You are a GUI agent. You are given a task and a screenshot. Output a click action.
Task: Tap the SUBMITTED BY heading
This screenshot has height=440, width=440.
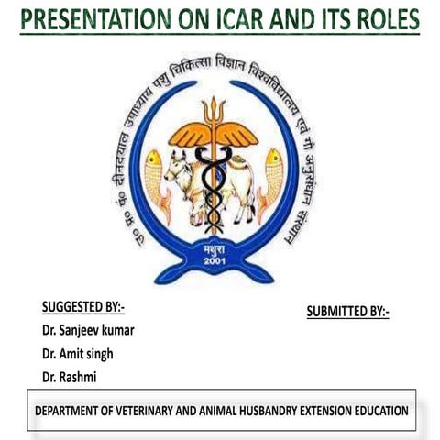point(347,312)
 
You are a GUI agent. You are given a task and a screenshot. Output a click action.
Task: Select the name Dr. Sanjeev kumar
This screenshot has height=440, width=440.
point(93,330)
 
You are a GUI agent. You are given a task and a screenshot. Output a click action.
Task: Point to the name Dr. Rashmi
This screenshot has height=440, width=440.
point(68,377)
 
